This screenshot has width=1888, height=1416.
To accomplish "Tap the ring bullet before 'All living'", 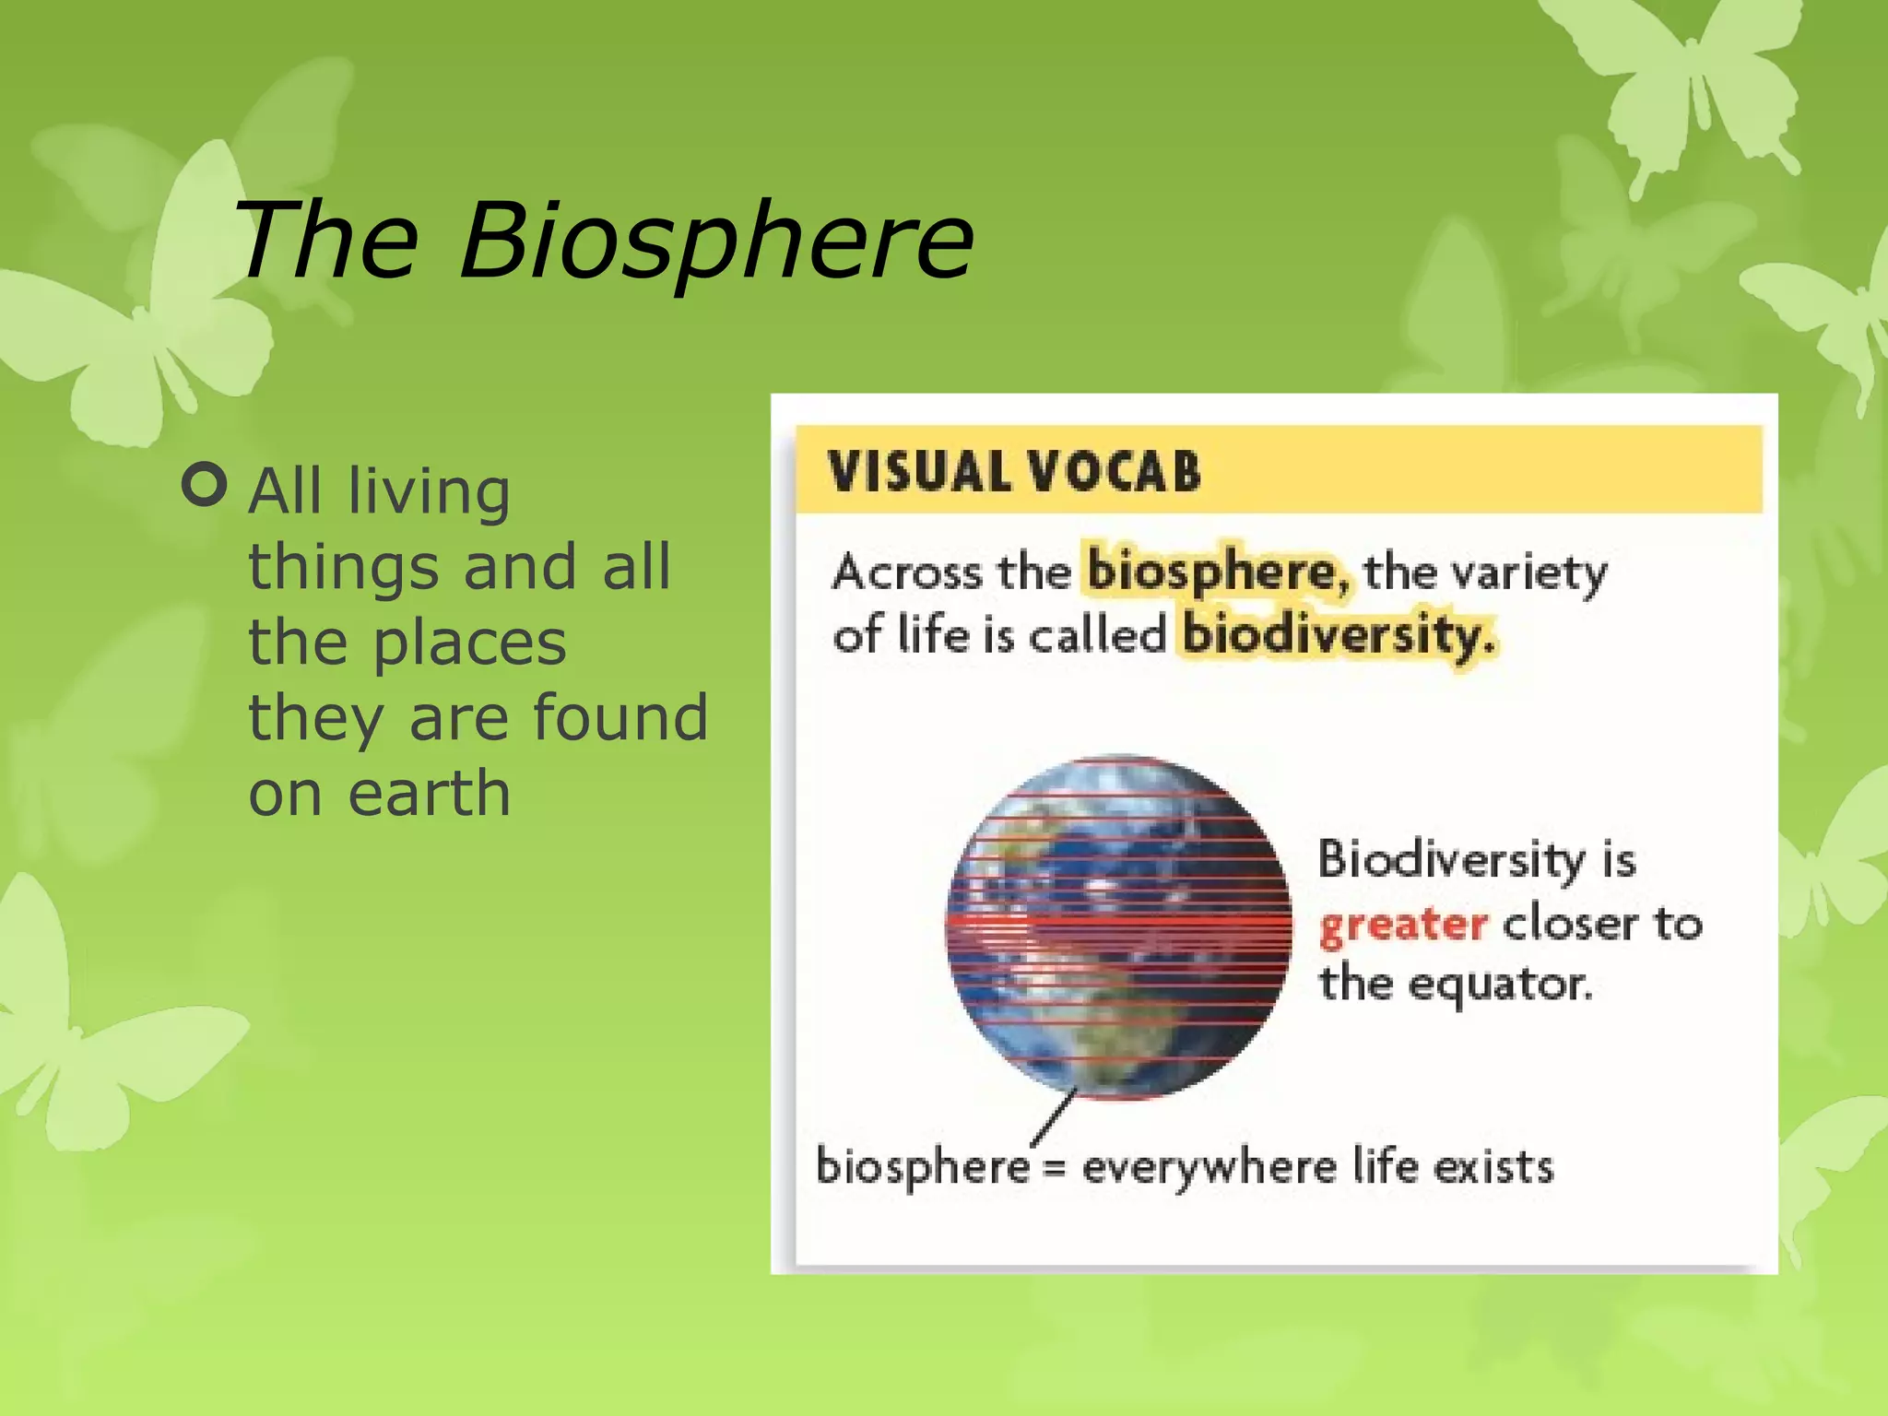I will [x=205, y=484].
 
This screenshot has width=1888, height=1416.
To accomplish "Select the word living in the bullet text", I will [x=429, y=491].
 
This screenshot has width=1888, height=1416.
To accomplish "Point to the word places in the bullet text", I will [x=469, y=643].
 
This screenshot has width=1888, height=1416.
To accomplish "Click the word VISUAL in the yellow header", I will [x=919, y=472].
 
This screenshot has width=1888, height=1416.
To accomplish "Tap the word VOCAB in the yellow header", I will [x=1114, y=472].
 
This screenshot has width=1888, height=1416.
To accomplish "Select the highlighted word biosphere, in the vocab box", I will [x=1217, y=572].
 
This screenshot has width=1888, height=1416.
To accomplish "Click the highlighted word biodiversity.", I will [x=1337, y=635].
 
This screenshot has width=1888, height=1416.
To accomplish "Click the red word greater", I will [x=1402, y=925].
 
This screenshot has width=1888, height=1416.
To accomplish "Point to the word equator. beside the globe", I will [x=1500, y=984].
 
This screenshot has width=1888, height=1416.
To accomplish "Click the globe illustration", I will [x=1117, y=926].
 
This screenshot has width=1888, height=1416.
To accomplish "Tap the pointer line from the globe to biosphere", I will [x=1054, y=1117].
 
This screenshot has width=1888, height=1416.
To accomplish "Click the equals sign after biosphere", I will [x=1055, y=1169].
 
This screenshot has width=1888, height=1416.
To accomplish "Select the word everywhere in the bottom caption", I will [x=1209, y=1168].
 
